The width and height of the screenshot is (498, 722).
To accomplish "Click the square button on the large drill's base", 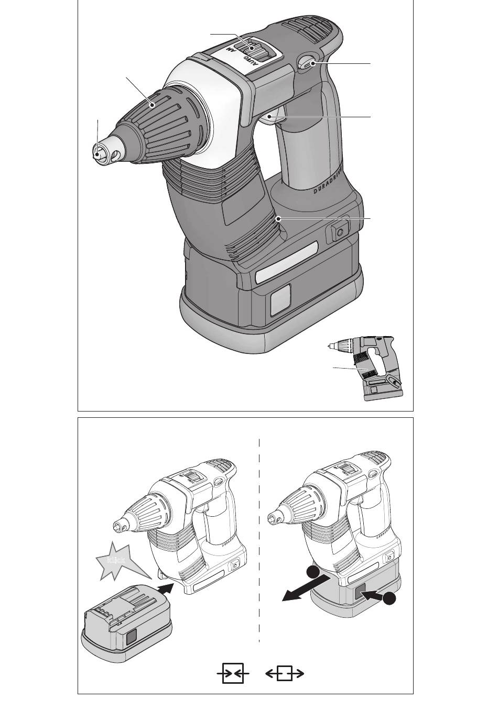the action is (339, 231).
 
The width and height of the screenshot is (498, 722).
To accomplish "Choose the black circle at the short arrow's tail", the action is (389, 600).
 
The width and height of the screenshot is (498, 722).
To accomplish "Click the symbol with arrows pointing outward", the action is (285, 674).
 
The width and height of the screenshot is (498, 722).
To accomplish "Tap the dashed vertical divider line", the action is (259, 539).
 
